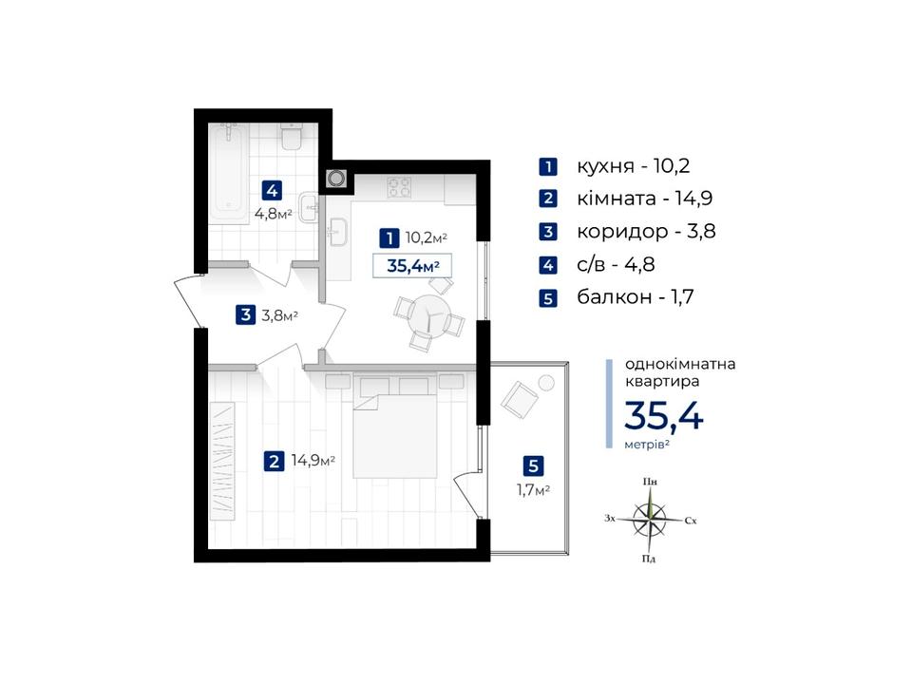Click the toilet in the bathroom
point(291,137)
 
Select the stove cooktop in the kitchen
point(400,187)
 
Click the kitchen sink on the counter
point(337,232)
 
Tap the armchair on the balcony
point(520,400)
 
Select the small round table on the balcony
point(546,383)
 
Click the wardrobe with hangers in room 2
point(222,461)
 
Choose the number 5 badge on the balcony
point(533,465)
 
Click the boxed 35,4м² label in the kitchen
point(412,266)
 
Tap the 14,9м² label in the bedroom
point(313,461)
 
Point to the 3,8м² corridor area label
point(279,315)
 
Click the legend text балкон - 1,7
point(636,296)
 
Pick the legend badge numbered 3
point(548,232)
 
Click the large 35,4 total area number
point(664,415)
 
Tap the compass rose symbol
point(650,520)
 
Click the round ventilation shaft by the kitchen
point(336,178)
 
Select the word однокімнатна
point(680,364)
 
